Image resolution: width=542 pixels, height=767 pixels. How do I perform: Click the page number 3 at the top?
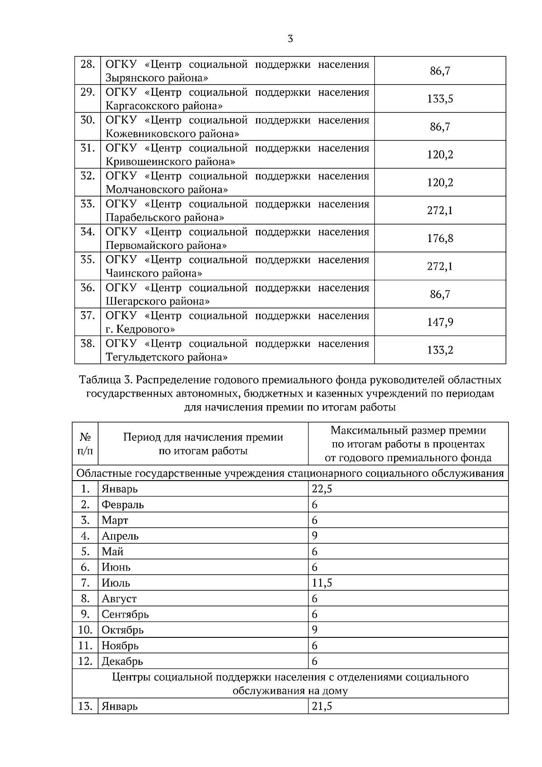point(290,39)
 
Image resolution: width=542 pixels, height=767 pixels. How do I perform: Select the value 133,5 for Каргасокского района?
point(440,99)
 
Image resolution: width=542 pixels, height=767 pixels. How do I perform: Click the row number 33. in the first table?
point(87,204)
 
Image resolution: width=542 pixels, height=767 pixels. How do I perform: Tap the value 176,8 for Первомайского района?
point(440,239)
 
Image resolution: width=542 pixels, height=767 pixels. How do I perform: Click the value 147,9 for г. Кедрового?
point(440,322)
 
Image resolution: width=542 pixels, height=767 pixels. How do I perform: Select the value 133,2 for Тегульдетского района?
point(440,350)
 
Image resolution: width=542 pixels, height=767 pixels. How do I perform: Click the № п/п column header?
point(85,444)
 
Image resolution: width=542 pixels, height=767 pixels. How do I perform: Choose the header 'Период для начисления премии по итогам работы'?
point(203,444)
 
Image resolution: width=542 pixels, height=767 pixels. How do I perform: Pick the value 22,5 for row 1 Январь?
point(322,489)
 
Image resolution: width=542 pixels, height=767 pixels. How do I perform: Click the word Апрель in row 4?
point(120,536)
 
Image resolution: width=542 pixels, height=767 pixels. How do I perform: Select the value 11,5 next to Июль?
point(322,583)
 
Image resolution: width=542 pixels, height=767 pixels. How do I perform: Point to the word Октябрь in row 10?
point(122,630)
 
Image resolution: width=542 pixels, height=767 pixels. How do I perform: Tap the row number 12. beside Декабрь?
point(85,661)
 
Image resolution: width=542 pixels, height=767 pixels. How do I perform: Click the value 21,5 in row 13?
point(322,706)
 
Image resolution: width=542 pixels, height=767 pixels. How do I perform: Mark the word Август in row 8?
point(119,599)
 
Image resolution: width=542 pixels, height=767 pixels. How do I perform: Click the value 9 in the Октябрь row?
point(315,630)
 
